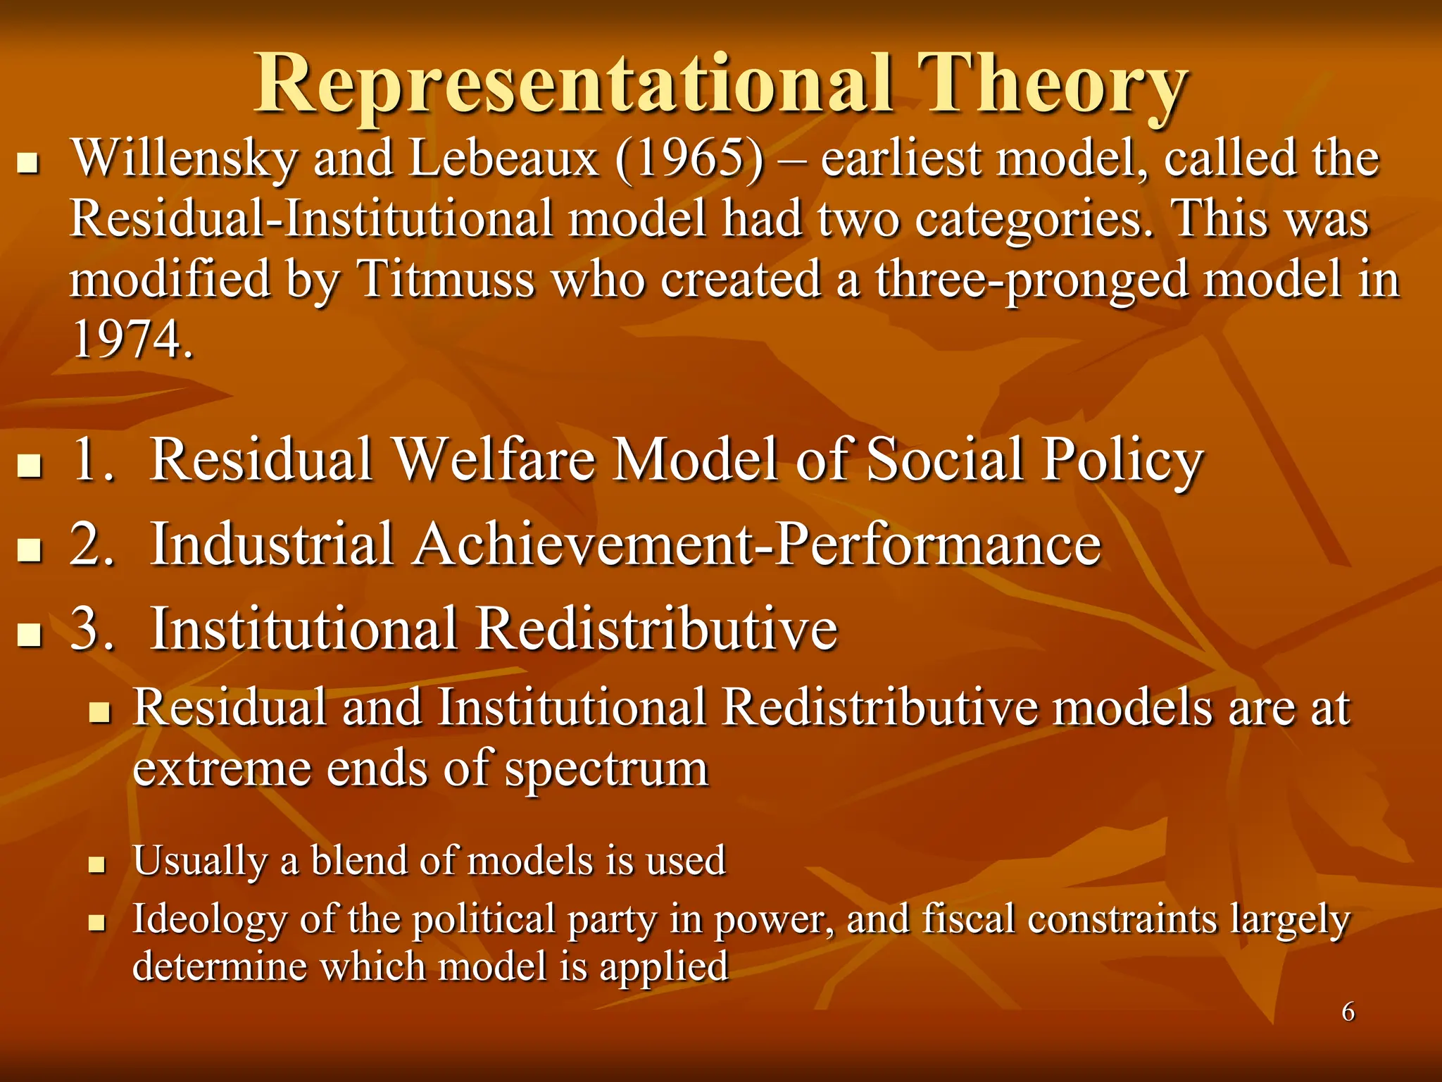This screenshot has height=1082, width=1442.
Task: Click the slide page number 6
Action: coord(1348,1012)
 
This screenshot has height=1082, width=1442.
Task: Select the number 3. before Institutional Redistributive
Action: coord(92,628)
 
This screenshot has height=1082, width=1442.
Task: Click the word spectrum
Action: coord(607,769)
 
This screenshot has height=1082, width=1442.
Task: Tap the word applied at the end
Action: coord(664,966)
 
